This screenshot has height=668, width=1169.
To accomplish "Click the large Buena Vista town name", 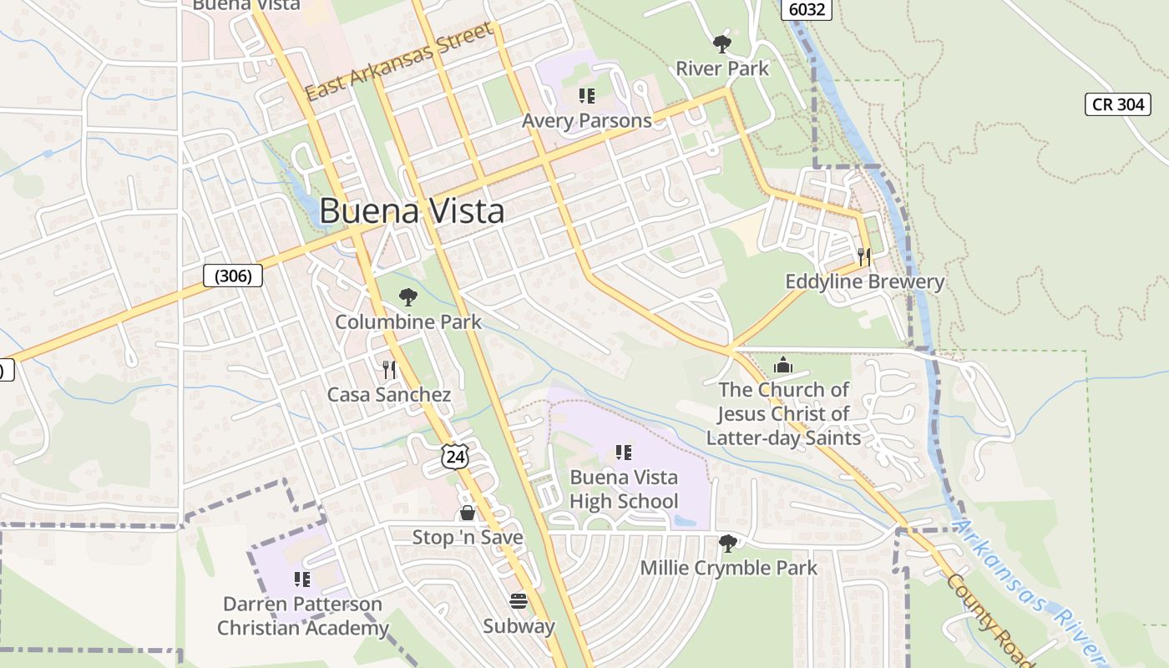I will pyautogui.click(x=412, y=211).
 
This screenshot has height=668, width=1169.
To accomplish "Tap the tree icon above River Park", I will pyautogui.click(x=722, y=43).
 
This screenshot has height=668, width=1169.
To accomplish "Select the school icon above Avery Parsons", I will pyautogui.click(x=586, y=96).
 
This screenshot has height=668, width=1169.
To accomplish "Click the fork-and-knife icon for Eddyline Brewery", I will pyautogui.click(x=864, y=256).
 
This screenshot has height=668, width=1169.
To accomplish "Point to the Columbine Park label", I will pyautogui.click(x=408, y=321).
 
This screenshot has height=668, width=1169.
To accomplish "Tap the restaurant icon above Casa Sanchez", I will pyautogui.click(x=389, y=370).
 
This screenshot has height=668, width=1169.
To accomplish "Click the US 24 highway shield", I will pyautogui.click(x=455, y=456).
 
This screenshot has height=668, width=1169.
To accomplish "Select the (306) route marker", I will pyautogui.click(x=233, y=276).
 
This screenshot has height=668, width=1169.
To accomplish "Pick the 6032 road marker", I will pyautogui.click(x=807, y=9).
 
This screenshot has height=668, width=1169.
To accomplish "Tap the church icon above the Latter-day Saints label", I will pyautogui.click(x=783, y=365).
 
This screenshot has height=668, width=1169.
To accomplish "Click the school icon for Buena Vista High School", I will pyautogui.click(x=623, y=453).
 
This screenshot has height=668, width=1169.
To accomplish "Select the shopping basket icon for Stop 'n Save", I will pyautogui.click(x=468, y=513).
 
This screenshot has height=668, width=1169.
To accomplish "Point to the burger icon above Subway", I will pyautogui.click(x=519, y=601).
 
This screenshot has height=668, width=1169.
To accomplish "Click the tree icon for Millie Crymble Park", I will pyautogui.click(x=728, y=544).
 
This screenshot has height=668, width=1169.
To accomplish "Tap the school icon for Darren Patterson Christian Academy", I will pyautogui.click(x=302, y=579).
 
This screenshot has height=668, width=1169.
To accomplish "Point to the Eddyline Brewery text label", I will pyautogui.click(x=864, y=281).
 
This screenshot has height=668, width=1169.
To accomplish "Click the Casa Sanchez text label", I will pyautogui.click(x=389, y=395).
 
